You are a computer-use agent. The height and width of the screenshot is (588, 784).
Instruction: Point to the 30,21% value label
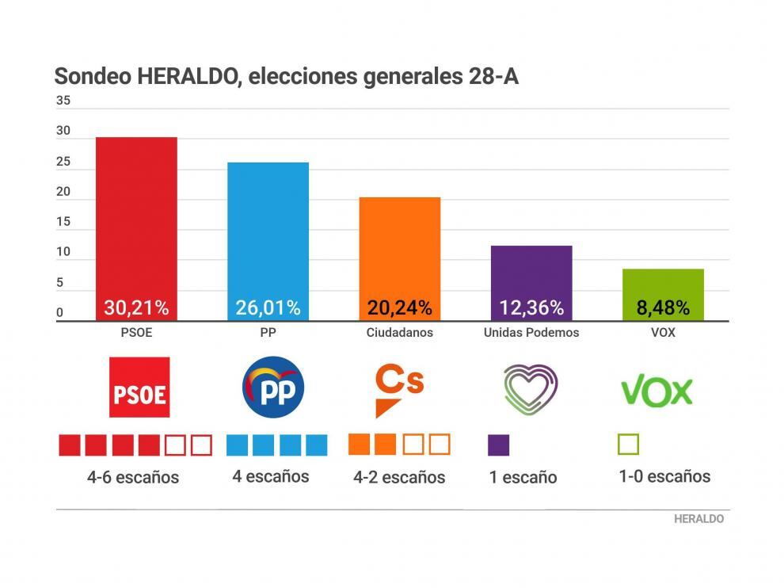pos(136,307)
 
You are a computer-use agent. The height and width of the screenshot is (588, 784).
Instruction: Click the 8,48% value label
pos(663,307)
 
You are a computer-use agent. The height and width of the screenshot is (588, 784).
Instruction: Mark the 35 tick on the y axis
pos(63,101)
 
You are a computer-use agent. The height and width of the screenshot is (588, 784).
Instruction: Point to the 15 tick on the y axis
pos(63,222)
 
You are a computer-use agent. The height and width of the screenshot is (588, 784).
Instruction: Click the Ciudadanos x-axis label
pos(399,333)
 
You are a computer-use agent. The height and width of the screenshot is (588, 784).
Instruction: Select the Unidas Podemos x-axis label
pos(531,333)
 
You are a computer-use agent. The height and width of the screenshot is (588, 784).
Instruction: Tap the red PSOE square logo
pos(139,387)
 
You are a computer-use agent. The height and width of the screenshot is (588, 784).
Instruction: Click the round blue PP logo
pos(272,387)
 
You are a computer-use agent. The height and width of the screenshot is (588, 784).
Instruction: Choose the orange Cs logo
pos(398,388)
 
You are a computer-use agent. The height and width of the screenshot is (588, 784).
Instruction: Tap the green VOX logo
pos(657,391)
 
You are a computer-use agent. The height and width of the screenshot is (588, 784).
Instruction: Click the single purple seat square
pos(498,445)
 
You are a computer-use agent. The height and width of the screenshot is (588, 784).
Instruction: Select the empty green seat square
pos(628,444)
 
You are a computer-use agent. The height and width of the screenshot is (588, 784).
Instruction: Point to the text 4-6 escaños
pos(133,478)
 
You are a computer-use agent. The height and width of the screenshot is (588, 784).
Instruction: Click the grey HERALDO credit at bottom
pos(698,519)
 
